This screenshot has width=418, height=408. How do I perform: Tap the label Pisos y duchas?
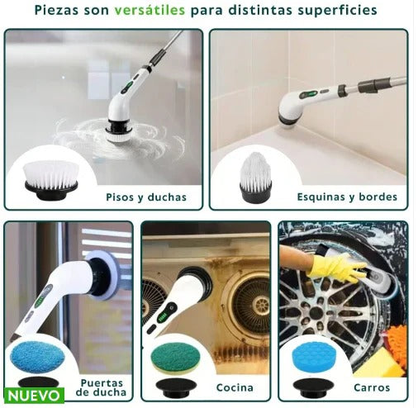tap(145, 197)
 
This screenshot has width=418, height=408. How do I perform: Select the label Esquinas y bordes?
tap(347, 197)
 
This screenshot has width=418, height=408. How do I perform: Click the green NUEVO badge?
tap(33, 396)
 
